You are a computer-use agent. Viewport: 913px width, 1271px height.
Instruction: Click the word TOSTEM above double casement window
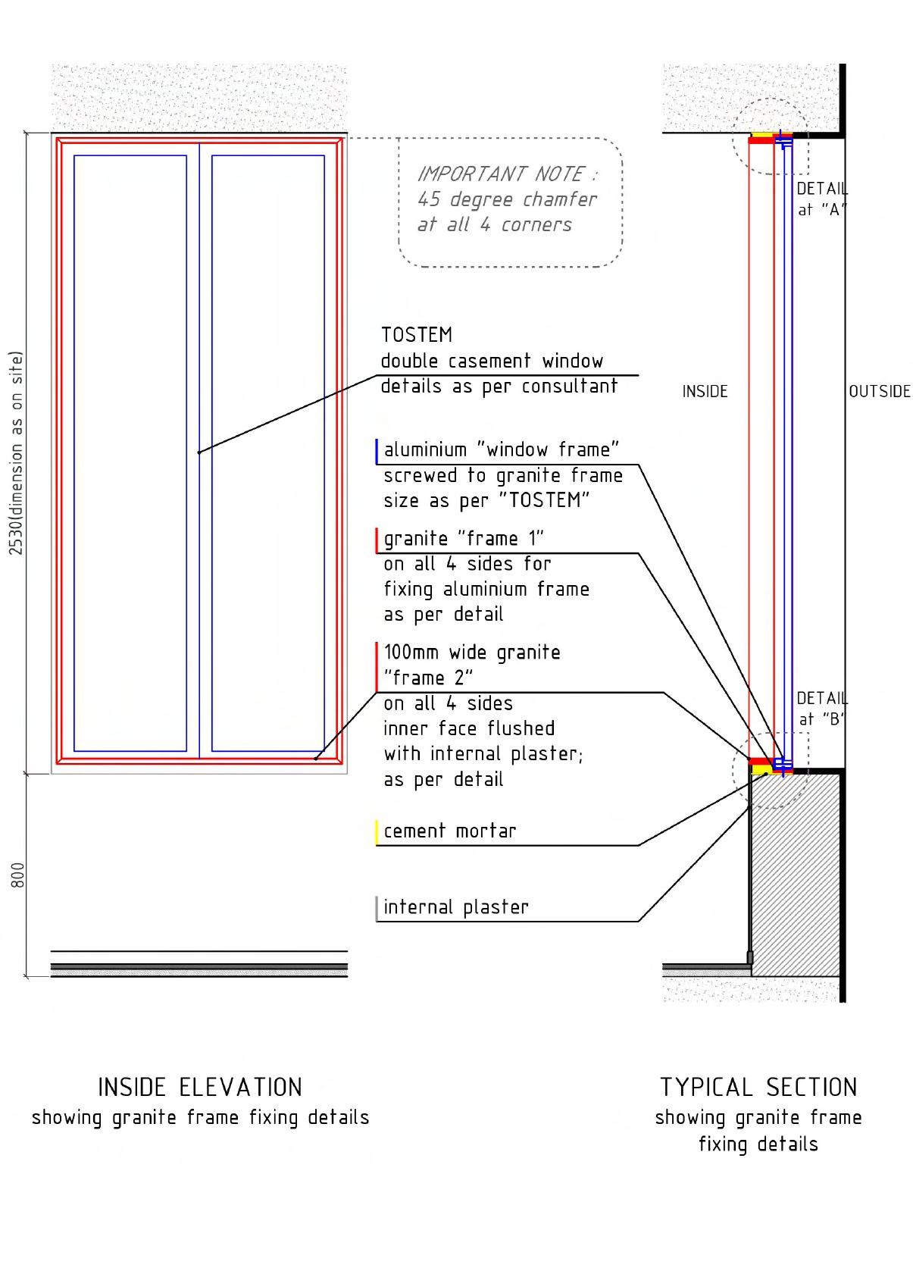coord(416,335)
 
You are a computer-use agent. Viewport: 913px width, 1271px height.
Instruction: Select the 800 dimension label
coord(18,874)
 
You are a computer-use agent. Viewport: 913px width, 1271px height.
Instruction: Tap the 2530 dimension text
coord(17,452)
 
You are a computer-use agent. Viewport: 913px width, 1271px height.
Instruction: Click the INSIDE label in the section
coord(705,392)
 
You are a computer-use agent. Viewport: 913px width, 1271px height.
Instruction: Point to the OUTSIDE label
coord(879,392)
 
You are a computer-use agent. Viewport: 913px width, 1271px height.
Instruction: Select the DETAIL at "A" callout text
coord(822,199)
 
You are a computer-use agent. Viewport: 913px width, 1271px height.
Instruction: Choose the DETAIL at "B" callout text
coord(822,709)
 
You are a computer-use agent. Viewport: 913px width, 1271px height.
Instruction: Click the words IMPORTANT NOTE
coord(506,174)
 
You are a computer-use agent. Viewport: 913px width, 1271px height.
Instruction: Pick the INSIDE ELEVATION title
coord(200,1088)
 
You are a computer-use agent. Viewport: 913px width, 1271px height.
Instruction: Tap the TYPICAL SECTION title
coord(758,1088)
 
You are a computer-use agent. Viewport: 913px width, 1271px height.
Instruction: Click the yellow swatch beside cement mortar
coord(377,831)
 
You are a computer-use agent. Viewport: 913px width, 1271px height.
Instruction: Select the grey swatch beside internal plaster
coord(377,908)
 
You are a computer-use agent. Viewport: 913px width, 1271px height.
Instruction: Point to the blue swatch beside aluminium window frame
coord(377,451)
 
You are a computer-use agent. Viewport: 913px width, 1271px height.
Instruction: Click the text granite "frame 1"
coord(464,539)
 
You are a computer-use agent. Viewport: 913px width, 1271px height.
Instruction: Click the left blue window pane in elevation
coord(130,453)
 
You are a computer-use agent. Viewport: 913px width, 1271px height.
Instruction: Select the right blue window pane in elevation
coord(268,453)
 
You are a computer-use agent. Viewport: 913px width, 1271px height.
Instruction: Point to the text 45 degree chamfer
coord(507,199)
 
